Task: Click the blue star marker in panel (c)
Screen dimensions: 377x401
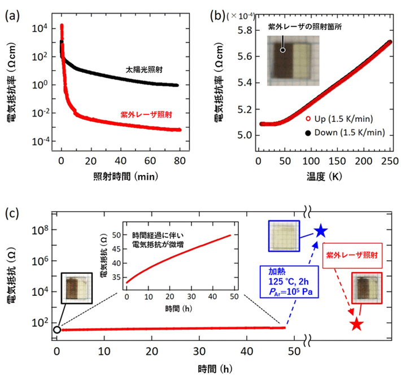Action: coord(320,230)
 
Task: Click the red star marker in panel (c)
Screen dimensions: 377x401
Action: coord(356,324)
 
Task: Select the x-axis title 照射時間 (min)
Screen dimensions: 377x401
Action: coord(120,176)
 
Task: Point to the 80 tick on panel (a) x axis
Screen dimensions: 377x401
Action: coord(178,163)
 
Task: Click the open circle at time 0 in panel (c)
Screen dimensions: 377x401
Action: coord(56,330)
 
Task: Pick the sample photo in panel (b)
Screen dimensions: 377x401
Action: coord(293,60)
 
